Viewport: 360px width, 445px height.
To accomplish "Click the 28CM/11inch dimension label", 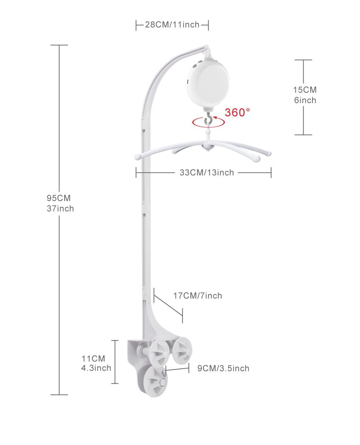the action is tap(172, 24).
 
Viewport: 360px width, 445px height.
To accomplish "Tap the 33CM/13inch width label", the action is tap(207, 172).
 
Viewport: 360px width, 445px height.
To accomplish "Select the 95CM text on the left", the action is tap(59, 198).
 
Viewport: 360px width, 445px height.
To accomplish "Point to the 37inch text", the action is tap(60, 208).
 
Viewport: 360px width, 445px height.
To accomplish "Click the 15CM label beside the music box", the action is tap(305, 90).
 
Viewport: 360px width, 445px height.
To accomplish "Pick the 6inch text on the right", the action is tap(305, 100).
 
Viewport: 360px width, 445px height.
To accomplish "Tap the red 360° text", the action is tap(237, 112).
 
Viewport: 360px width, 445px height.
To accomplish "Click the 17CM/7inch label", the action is tap(197, 296).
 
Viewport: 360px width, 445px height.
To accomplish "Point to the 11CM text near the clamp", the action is tap(93, 359).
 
